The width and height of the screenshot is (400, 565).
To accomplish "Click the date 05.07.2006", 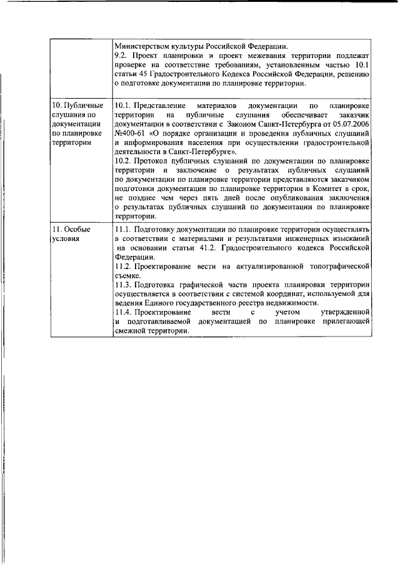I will [x=354, y=124].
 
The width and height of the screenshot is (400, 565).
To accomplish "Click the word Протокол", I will [x=154, y=161].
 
